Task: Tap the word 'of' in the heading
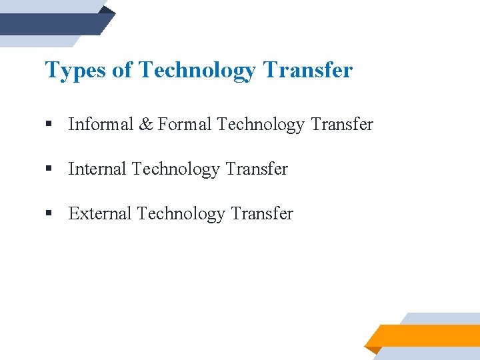click(122, 70)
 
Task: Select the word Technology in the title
click(198, 70)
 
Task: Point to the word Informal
click(100, 124)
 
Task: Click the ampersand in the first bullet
click(145, 124)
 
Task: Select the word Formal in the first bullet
click(185, 124)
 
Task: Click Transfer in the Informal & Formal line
click(342, 124)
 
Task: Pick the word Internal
click(97, 169)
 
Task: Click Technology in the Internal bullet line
click(176, 169)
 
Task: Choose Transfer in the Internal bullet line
click(257, 169)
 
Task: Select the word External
click(100, 213)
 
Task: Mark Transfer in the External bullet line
click(262, 213)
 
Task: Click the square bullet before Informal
click(49, 125)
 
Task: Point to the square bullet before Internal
click(49, 169)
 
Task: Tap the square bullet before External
click(49, 214)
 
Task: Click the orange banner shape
click(427, 335)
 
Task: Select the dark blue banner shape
click(53, 24)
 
